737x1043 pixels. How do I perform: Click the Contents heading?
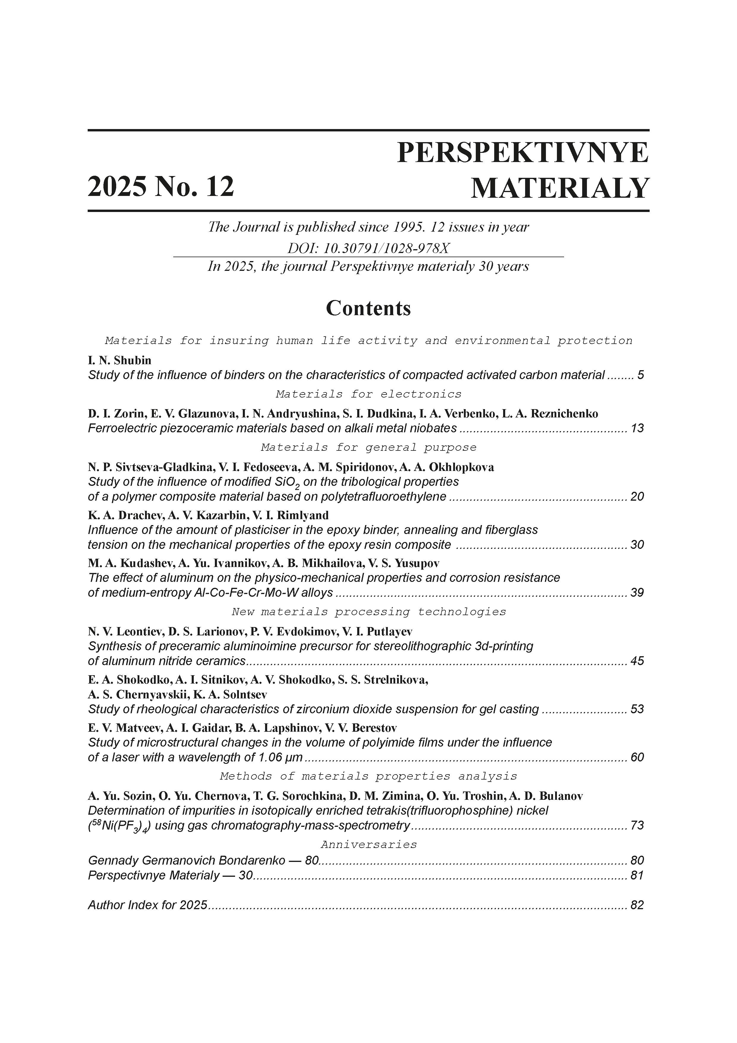368,308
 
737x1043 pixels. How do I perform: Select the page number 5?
641,375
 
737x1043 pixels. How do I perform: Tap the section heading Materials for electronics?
368,394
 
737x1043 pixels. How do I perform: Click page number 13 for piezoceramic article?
637,428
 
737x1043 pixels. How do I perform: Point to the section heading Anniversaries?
368,844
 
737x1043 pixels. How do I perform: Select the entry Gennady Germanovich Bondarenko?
187,860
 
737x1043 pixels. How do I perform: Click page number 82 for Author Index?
637,905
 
